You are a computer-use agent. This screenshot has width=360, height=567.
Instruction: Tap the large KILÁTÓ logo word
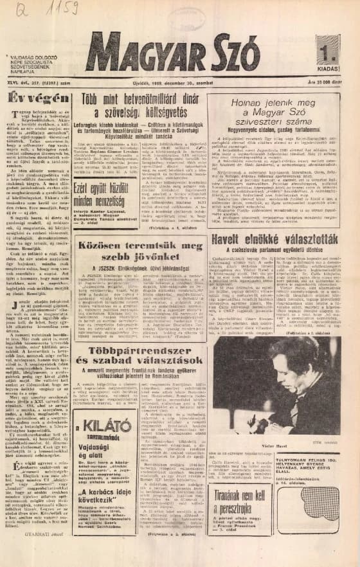pyautogui.click(x=105, y=428)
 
